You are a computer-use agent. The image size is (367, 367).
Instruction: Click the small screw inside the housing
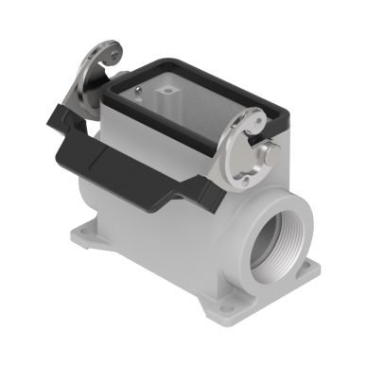pos(141,92)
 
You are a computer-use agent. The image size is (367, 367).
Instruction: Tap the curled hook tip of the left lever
pos(114,56)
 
